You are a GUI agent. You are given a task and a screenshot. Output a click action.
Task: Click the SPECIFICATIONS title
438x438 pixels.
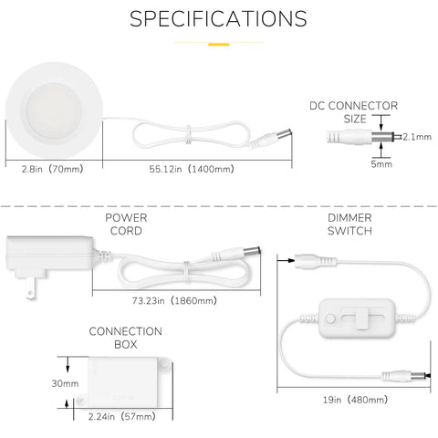click(x=218, y=18)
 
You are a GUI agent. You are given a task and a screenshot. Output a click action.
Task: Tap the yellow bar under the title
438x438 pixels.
click(x=218, y=45)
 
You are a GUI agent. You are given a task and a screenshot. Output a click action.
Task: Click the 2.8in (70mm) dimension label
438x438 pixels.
click(x=52, y=169)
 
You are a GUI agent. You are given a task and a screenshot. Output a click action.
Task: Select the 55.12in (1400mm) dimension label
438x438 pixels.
click(x=192, y=169)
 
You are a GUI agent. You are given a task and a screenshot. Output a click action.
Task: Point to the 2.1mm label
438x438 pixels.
click(x=417, y=137)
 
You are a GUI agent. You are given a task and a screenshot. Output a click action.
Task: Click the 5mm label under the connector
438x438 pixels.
click(x=381, y=164)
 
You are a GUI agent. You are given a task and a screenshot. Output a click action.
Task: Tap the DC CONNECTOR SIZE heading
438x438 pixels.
click(x=354, y=112)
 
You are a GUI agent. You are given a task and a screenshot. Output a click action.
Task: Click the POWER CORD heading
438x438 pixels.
click(x=126, y=224)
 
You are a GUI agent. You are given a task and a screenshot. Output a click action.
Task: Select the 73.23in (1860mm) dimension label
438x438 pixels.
click(x=174, y=301)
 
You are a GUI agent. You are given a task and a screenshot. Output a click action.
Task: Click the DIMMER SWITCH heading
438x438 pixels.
click(x=349, y=224)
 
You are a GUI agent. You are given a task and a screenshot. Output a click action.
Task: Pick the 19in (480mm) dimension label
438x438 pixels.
click(x=355, y=400)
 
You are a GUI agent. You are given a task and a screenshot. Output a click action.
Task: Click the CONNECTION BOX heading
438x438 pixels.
click(x=126, y=338)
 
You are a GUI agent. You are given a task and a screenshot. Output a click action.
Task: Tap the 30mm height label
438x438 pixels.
click(x=65, y=383)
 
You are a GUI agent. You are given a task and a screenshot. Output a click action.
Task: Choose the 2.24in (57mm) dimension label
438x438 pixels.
click(x=122, y=416)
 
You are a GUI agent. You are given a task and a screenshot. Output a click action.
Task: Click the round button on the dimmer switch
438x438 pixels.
click(x=330, y=318)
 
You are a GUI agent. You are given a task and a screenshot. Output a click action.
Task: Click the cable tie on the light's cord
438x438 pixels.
click(x=189, y=134)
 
